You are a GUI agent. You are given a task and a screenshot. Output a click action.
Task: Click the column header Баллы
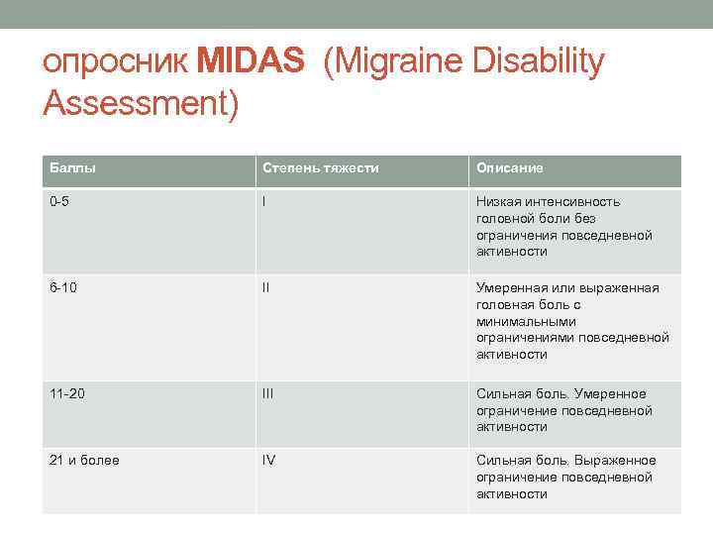coord(70,168)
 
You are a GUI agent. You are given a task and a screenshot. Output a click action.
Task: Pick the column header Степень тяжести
coord(320,168)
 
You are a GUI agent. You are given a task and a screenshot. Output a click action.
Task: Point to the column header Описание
coord(510,168)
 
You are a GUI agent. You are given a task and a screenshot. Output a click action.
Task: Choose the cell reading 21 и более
coord(85,460)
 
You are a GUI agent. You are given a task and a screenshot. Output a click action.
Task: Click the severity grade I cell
coord(264,202)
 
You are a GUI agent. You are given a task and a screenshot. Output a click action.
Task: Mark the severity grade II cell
coord(266,287)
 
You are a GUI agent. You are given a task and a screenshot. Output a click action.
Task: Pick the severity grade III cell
coord(268,393)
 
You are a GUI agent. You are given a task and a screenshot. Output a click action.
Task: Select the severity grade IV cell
coord(269,460)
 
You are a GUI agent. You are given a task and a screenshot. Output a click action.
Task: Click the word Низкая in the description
coord(499,202)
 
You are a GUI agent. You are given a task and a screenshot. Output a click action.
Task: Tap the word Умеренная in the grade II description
coord(516,287)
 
